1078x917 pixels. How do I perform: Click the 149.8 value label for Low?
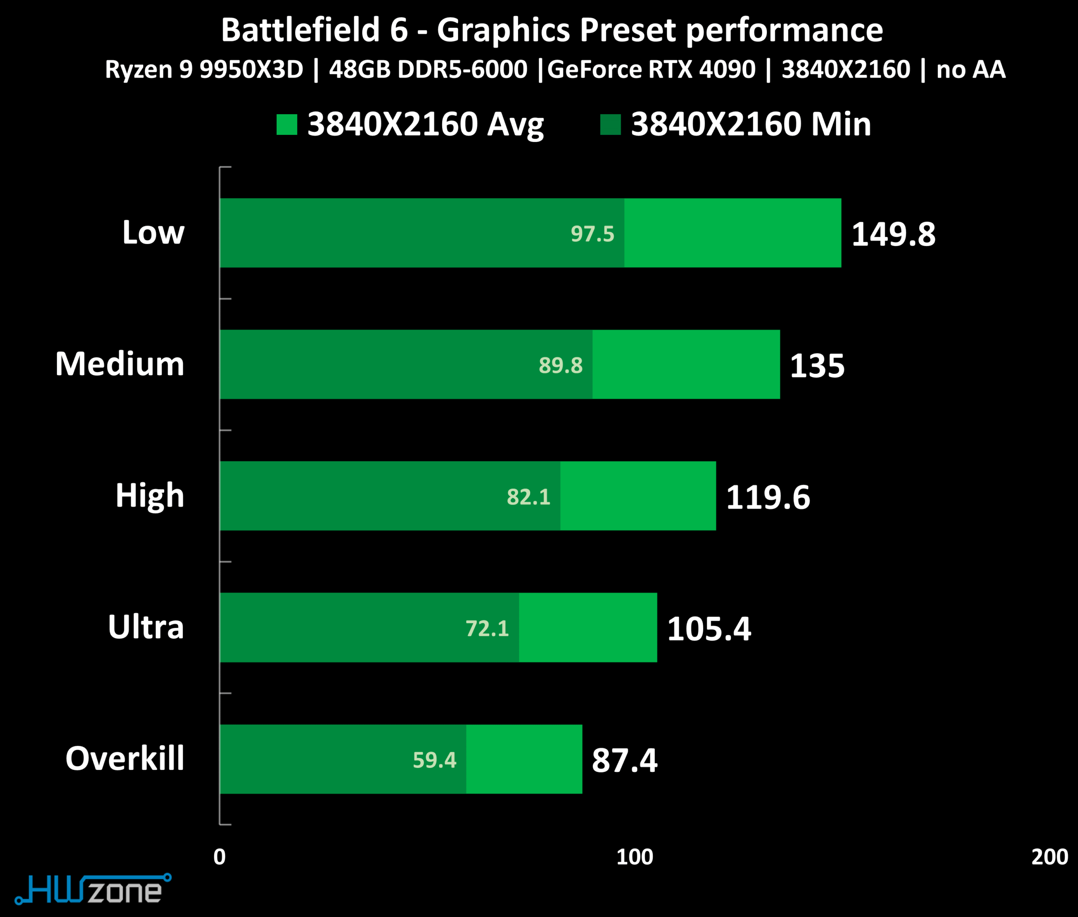tap(893, 234)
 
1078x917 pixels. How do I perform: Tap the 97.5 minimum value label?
tap(592, 234)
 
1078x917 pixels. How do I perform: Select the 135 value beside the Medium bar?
tap(817, 365)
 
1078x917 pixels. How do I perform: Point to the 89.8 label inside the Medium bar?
tap(560, 365)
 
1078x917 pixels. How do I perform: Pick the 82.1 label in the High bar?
tap(528, 497)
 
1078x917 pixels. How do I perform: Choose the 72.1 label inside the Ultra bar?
tap(487, 628)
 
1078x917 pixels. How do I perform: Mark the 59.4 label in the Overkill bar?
tap(434, 760)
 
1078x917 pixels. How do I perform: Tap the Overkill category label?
tap(125, 759)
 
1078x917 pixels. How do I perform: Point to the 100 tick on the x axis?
tap(634, 857)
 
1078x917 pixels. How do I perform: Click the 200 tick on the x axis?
tap(1049, 857)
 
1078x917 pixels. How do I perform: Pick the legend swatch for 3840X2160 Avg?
tap(287, 125)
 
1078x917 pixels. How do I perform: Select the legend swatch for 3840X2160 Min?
tap(611, 125)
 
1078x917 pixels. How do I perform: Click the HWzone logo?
tap(93, 890)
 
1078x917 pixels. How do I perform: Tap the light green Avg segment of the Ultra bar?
tap(587, 627)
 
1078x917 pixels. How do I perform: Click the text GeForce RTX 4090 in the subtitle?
tap(651, 69)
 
